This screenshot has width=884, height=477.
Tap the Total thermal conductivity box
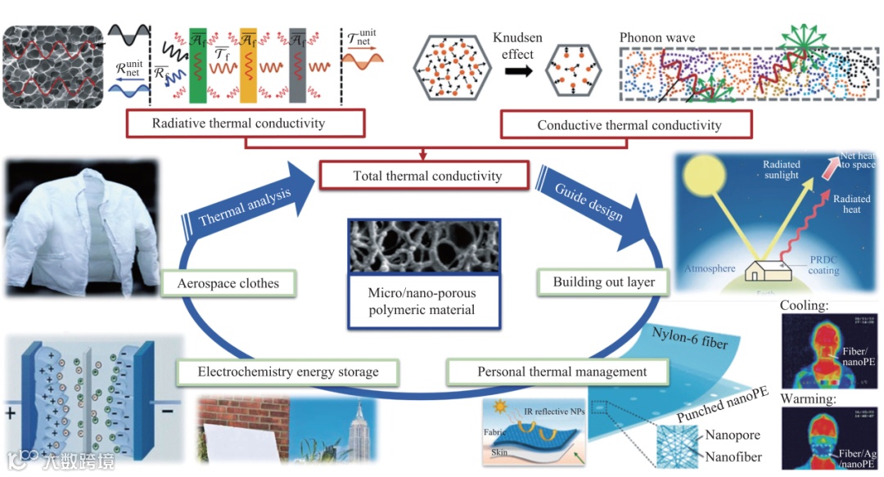coord(427,176)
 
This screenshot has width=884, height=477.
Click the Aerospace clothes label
coord(228,283)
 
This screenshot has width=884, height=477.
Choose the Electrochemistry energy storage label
coord(288,372)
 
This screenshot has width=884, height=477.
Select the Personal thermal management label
coord(562,372)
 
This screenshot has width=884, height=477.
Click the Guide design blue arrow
coord(594,200)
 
